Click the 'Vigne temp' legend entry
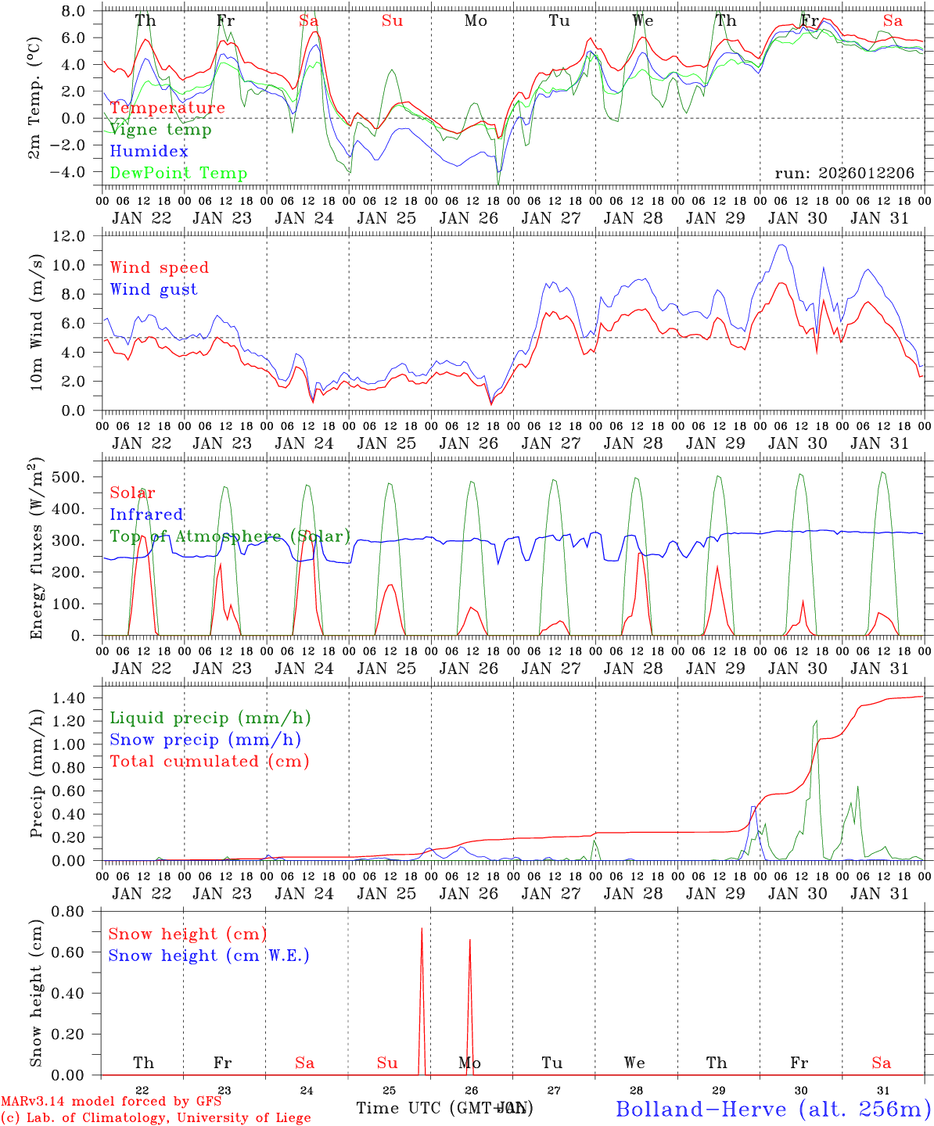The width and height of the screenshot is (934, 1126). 160,130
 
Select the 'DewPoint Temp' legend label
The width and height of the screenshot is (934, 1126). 178,174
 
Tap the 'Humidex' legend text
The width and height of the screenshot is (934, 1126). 149,152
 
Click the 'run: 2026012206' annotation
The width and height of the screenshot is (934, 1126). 844,174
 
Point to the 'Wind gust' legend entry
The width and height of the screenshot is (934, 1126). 153,289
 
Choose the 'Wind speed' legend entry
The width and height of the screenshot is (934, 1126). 160,267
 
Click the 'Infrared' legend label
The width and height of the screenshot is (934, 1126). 146,515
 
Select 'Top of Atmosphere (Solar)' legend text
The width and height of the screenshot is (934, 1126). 229,536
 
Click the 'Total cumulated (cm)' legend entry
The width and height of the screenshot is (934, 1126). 209,762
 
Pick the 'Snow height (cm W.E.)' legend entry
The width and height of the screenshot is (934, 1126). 209,956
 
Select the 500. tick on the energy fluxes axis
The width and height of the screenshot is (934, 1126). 74,477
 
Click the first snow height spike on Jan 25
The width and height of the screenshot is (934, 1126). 422,930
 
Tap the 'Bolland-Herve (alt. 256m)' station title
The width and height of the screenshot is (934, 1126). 773,1109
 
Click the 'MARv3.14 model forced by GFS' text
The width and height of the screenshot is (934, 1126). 111,1102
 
